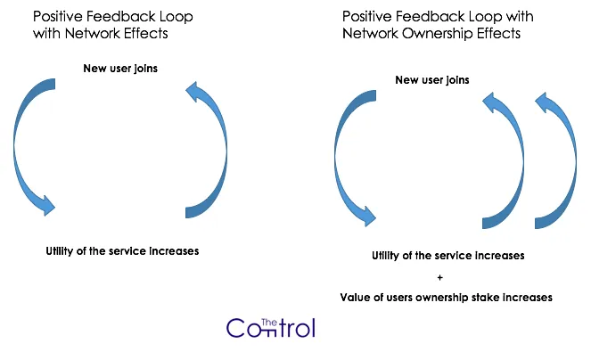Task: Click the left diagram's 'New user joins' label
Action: coord(120,69)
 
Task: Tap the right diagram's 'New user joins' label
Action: coord(432,80)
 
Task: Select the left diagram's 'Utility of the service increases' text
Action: coord(122,251)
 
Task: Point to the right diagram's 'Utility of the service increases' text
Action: coord(447,256)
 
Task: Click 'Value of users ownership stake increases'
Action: coord(446,298)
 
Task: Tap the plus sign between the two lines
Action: coord(439,277)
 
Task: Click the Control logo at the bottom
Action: coord(271,328)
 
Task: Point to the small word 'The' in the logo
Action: coord(269,323)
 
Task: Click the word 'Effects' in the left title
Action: coord(146,34)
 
